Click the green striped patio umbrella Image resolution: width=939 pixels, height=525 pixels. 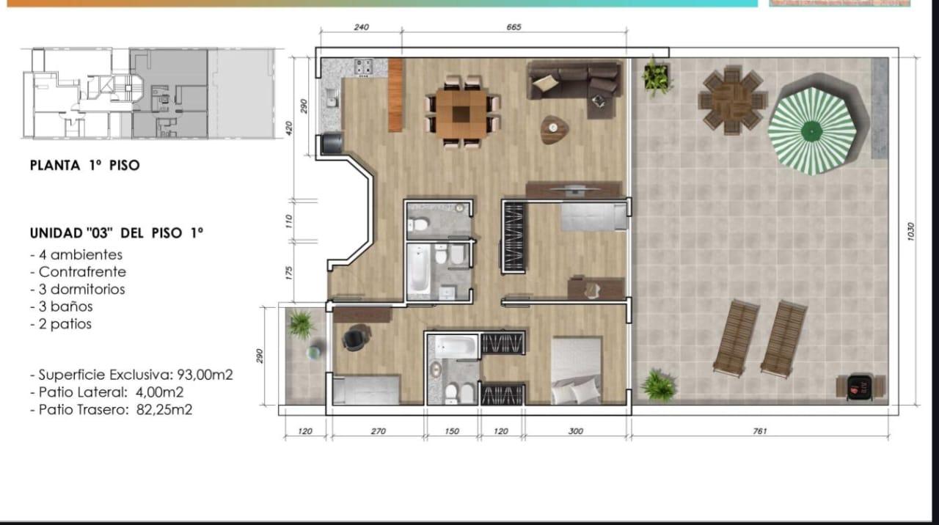pos(812,131)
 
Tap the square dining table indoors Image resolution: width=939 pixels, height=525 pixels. pos(461,113)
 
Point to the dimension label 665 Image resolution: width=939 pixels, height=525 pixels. pos(514,27)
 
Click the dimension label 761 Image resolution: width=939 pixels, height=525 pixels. pos(759,431)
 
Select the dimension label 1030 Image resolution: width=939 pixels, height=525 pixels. pos(910,231)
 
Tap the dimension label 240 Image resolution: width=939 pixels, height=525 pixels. pos(361,27)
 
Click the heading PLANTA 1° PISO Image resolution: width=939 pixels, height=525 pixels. pos(84,165)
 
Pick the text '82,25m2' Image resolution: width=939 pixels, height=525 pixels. pos(164,410)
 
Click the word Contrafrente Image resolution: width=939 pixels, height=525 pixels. pos(82,272)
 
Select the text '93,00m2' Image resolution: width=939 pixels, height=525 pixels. pos(205,375)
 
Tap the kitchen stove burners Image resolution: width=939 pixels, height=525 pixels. pos(363,66)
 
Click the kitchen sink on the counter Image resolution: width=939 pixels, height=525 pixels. pos(332,102)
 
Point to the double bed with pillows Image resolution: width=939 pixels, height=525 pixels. pos(577,370)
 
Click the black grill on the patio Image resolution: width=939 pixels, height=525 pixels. pos(859,388)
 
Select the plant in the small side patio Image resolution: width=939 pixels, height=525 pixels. pos(301,323)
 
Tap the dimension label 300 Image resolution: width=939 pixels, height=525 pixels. pos(576,431)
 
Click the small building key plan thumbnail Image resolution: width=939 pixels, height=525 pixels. pos(150,93)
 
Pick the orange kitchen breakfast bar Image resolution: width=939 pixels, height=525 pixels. pos(395,95)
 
